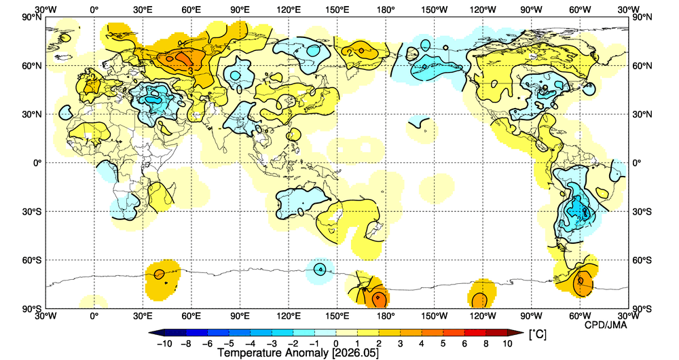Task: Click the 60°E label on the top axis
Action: pyautogui.click(x=191, y=10)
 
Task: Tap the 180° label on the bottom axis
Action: pyautogui.click(x=386, y=315)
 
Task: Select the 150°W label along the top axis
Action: pyautogui.click(x=435, y=10)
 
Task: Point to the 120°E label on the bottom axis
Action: pyautogui.click(x=289, y=315)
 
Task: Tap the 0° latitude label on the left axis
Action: pyautogui.click(x=37, y=163)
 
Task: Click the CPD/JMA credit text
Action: pyautogui.click(x=606, y=325)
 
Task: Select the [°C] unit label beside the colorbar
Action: pyautogui.click(x=537, y=334)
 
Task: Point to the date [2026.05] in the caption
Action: pyautogui.click(x=355, y=353)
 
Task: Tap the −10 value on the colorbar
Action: pyautogui.click(x=164, y=344)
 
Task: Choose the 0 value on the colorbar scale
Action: pyautogui.click(x=336, y=344)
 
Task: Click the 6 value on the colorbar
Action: pyautogui.click(x=464, y=344)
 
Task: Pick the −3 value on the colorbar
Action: pyautogui.click(x=272, y=344)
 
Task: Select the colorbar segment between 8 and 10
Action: pyautogui.click(x=496, y=333)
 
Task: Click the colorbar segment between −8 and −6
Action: pyautogui.click(x=197, y=333)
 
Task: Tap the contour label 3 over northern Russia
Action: pyautogui.click(x=190, y=71)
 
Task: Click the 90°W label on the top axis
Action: pyautogui.click(x=532, y=10)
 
